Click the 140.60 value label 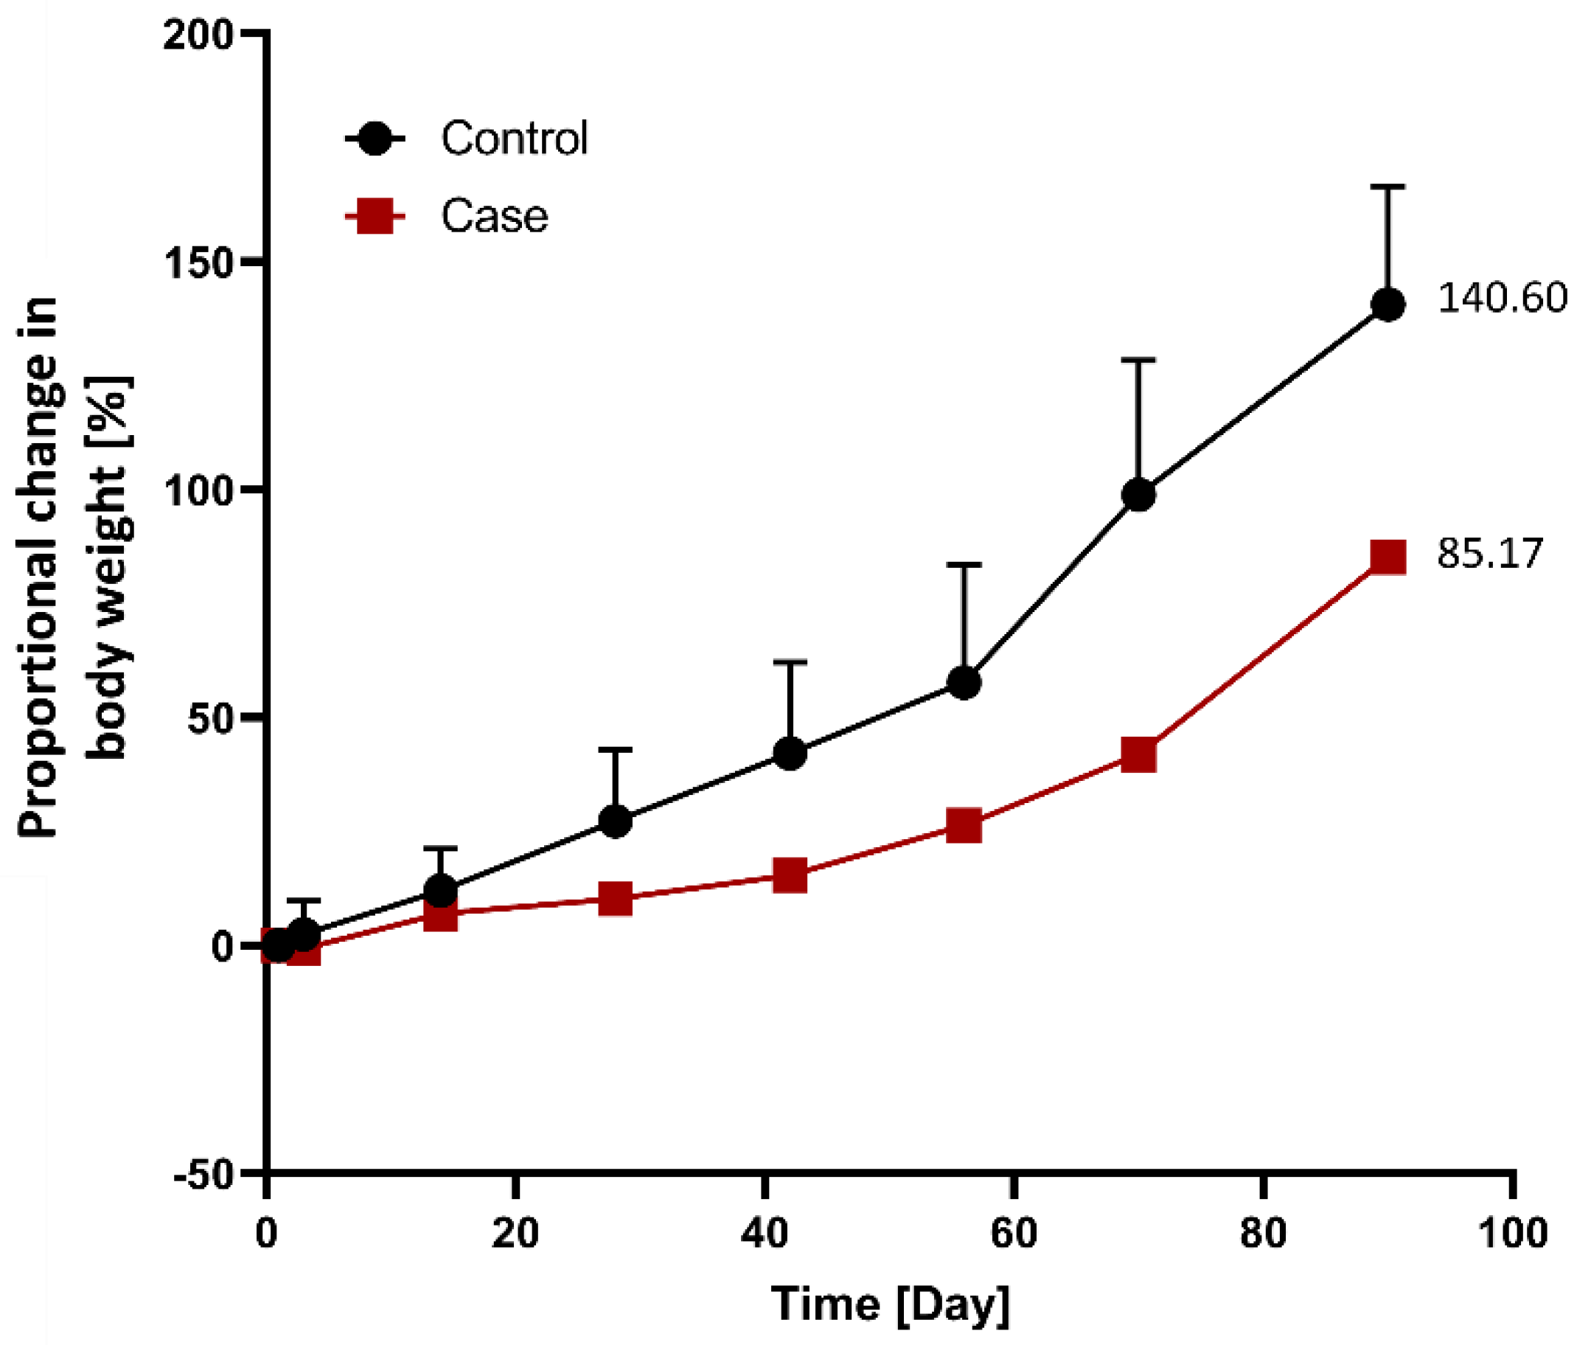[1502, 298]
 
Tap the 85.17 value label [1489, 553]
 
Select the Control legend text [515, 139]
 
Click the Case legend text [495, 216]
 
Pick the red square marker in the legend [375, 216]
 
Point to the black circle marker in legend [375, 139]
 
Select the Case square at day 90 [1388, 557]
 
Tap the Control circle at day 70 [1138, 496]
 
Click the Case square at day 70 [1138, 754]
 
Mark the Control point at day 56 [964, 683]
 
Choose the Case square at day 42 [790, 875]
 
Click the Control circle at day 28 [616, 821]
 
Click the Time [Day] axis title [891, 1305]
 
